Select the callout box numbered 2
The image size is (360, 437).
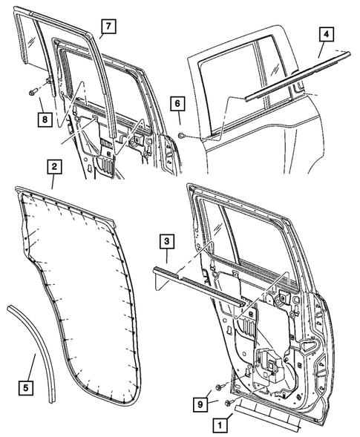click(x=53, y=168)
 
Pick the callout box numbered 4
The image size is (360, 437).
click(x=326, y=34)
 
